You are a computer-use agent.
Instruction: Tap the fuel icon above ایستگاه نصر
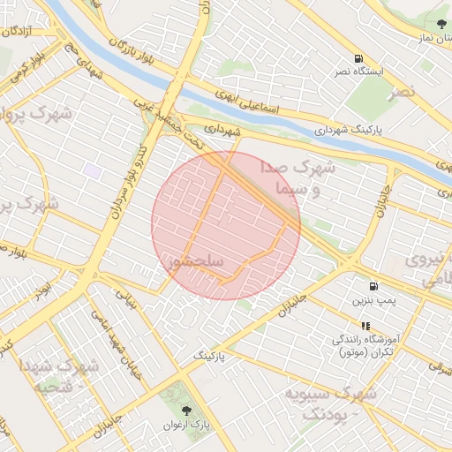(358, 56)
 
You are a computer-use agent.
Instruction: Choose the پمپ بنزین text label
(371, 301)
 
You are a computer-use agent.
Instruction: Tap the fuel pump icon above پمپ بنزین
(373, 287)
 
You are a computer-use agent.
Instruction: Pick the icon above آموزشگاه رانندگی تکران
(365, 325)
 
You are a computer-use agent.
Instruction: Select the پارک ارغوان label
(186, 425)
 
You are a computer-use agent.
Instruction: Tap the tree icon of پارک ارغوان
(186, 411)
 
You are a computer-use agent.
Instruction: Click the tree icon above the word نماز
(441, 23)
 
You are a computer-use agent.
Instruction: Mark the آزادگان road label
(18, 31)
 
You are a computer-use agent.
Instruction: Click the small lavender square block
(92, 168)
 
